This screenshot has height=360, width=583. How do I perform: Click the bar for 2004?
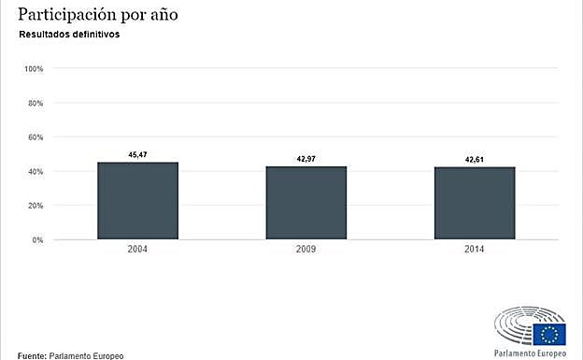137,201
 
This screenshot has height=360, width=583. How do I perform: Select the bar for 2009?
306,203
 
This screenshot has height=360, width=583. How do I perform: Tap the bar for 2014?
474,203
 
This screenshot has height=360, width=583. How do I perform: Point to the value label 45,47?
137,154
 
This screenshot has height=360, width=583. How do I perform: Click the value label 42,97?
306,159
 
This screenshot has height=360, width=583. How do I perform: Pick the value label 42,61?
475,160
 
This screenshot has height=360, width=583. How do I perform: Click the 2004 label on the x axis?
137,251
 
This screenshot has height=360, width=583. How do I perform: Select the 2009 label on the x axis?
306,251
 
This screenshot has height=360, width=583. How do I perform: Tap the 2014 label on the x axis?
474,251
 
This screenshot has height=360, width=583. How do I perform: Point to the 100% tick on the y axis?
34,69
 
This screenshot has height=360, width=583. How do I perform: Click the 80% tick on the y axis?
36,103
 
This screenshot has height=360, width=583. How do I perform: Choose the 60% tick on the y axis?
36,137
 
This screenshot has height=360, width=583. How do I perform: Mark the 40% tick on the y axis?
36,172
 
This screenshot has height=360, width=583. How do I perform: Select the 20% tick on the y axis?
36,206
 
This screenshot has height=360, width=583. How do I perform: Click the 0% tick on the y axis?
37,240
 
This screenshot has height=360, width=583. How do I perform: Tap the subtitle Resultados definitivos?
69,35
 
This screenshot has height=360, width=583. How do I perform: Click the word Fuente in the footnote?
32,355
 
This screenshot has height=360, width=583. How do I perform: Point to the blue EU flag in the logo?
550,332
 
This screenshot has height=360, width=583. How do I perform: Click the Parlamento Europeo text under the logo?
529,353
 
